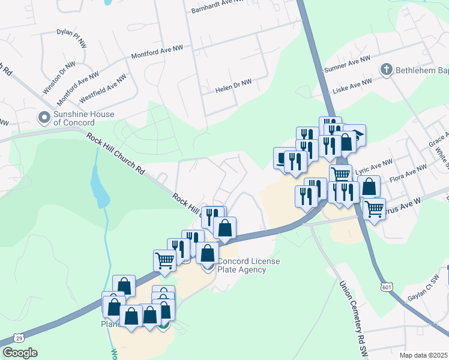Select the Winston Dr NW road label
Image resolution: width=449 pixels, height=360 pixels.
(59, 77)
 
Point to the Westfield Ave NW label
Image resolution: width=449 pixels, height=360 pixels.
(103, 86)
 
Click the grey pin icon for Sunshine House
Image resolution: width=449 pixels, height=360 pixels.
(43, 117)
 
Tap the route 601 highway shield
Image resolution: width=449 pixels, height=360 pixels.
(387, 287)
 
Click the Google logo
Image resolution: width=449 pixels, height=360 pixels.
(19, 353)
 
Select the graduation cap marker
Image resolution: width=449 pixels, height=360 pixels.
(356, 135)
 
